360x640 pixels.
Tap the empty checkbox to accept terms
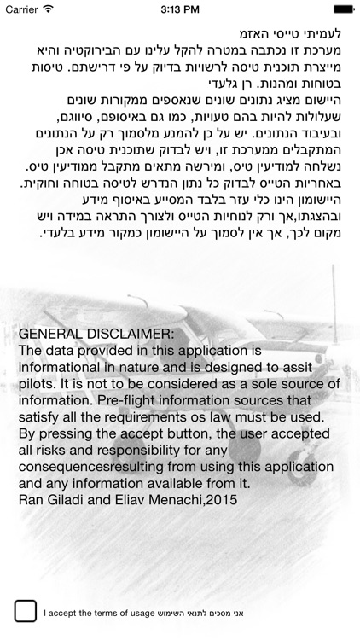pyautogui.click(x=26, y=611)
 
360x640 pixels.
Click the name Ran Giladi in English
pyautogui.click(x=49, y=500)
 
